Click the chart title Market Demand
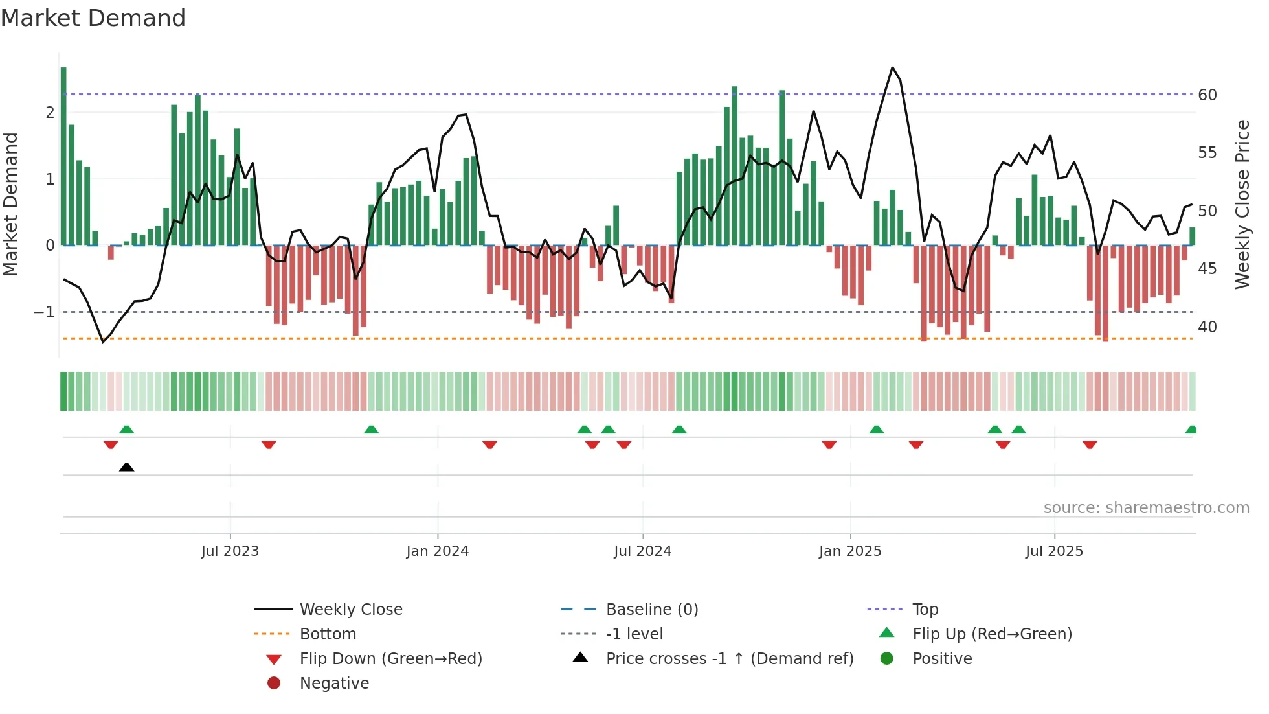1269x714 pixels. (93, 18)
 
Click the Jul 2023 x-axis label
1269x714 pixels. (230, 551)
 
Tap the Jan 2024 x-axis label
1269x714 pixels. (437, 551)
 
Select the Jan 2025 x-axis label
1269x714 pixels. (849, 551)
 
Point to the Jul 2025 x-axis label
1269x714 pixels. (1054, 551)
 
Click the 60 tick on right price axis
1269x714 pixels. (1207, 95)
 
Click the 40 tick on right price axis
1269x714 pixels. (1207, 327)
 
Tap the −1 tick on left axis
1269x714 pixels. (44, 312)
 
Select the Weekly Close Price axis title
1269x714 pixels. (1242, 204)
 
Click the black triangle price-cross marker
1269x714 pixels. (127, 468)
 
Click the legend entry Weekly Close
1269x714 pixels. (350, 610)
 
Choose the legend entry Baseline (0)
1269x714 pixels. (651, 610)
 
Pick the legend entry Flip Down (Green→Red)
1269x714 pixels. (390, 659)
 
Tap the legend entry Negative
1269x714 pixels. (334, 684)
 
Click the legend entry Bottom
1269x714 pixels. (328, 634)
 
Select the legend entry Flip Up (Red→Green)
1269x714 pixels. (992, 634)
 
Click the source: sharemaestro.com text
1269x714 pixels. (1146, 508)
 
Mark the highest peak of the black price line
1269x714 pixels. (892, 67)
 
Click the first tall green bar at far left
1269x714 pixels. (63, 155)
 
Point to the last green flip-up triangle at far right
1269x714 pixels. (1191, 430)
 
